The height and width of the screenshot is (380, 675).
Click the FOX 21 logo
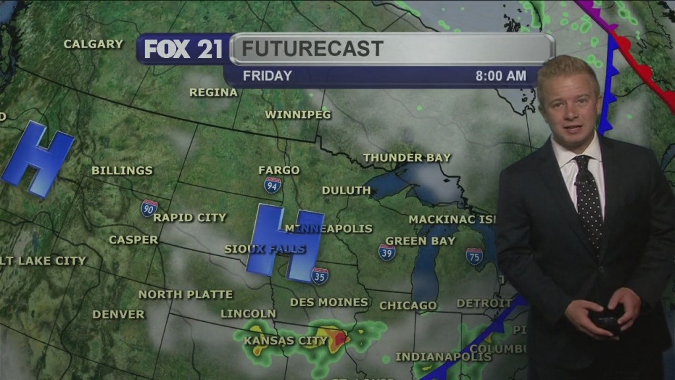[x=183, y=49]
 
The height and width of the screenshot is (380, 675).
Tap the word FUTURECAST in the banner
[x=312, y=48]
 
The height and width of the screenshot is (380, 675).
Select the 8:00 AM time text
[x=501, y=76]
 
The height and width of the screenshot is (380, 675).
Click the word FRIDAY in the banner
[x=267, y=76]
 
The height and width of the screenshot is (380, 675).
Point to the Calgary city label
[x=93, y=44]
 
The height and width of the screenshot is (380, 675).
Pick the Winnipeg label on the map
[x=297, y=115]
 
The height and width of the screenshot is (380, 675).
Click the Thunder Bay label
[x=407, y=158]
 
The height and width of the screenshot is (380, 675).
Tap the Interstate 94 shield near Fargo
[x=272, y=185]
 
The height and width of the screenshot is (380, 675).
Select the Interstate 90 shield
[x=149, y=208]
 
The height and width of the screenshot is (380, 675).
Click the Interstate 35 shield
[x=320, y=275]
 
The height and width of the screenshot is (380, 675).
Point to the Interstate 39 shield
[x=387, y=252]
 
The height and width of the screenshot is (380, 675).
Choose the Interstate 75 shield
[x=474, y=256]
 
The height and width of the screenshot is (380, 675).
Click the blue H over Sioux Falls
[x=285, y=241]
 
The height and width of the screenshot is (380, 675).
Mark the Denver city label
[x=118, y=315]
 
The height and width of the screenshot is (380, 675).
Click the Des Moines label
[x=329, y=302]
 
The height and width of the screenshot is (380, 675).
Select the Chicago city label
[x=408, y=305]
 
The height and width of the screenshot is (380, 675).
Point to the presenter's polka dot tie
[x=589, y=201]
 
